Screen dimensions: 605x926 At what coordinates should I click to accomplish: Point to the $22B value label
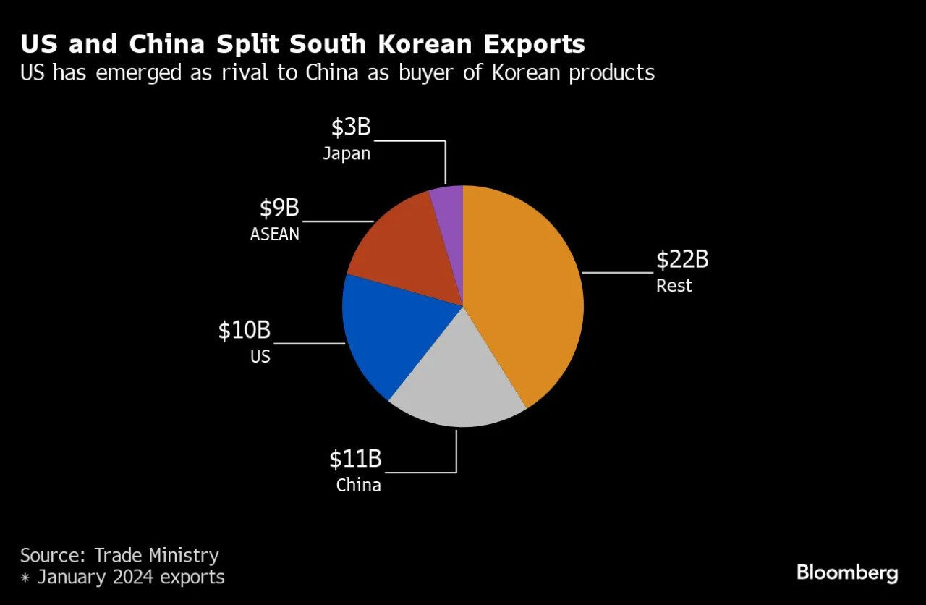coord(681,260)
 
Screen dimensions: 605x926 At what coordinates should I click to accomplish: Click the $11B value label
coord(355,459)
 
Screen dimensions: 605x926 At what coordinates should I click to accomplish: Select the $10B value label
coord(245,331)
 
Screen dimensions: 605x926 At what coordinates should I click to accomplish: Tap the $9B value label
coord(279,208)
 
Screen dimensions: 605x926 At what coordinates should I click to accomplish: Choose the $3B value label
coord(351,127)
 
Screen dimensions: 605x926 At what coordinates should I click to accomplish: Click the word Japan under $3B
coord(347,153)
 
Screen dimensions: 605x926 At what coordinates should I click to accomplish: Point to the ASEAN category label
coord(274,234)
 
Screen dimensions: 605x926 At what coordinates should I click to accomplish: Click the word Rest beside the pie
coord(674,286)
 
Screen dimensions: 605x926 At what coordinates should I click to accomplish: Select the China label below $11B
coord(358,485)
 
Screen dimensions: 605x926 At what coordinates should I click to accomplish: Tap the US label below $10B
coord(260,357)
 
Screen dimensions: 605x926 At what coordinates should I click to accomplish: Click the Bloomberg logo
coord(847,574)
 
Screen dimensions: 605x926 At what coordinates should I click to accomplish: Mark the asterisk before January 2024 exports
coord(26,577)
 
